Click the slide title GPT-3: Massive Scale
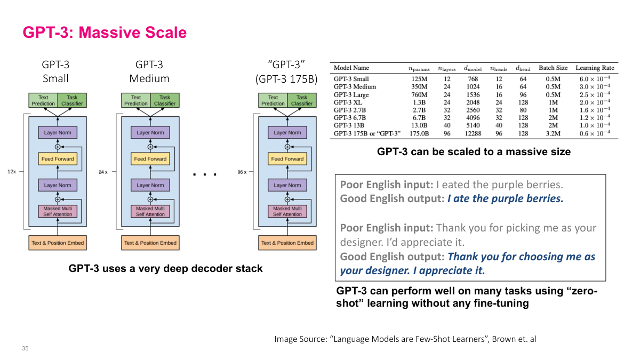[105, 33]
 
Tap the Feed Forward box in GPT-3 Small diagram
[58, 158]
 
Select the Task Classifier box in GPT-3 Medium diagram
[165, 100]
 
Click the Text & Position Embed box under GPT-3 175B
[287, 243]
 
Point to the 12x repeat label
[12, 172]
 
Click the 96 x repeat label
[242, 172]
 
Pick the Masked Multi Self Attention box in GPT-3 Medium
[150, 211]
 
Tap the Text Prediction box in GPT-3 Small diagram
[43, 100]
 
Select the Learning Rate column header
[595, 68]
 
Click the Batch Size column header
[553, 68]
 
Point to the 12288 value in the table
[473, 133]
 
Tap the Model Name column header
[351, 68]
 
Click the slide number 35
[25, 348]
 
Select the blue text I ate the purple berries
[505, 199]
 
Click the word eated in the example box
[454, 185]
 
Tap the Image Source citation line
[405, 339]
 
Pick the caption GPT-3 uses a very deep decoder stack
[165, 268]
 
